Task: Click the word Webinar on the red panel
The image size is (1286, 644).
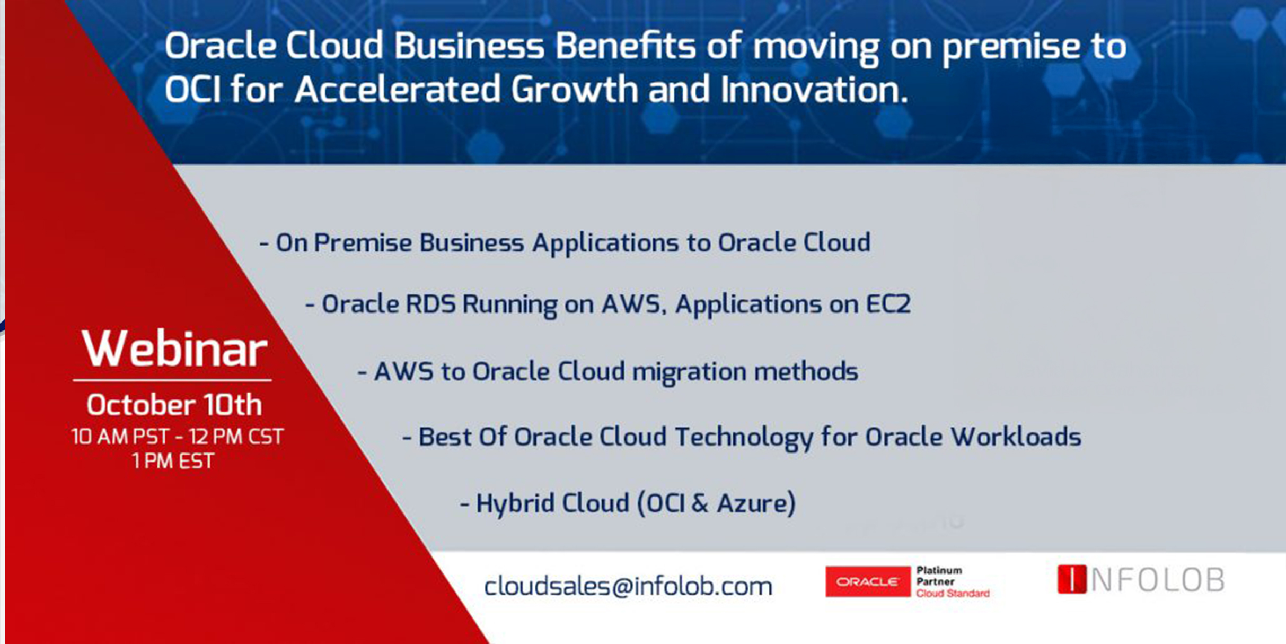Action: point(174,349)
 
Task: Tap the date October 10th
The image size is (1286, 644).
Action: point(174,405)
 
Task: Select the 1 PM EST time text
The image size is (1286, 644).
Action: point(173,461)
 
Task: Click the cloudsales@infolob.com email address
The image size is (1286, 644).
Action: point(628,586)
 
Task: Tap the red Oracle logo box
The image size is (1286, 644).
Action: point(867,581)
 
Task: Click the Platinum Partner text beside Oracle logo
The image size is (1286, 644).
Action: point(939,576)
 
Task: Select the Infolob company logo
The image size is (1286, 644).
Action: point(1141,579)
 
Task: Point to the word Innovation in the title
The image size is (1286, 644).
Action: point(814,89)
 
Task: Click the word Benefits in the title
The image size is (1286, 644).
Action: point(626,46)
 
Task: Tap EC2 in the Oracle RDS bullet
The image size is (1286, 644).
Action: point(888,304)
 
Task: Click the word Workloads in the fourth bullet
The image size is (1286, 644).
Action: point(1015,437)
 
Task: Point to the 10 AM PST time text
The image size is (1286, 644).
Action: point(120,437)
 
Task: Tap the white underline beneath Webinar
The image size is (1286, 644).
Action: point(172,380)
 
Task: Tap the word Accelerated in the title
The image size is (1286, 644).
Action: point(398,89)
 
